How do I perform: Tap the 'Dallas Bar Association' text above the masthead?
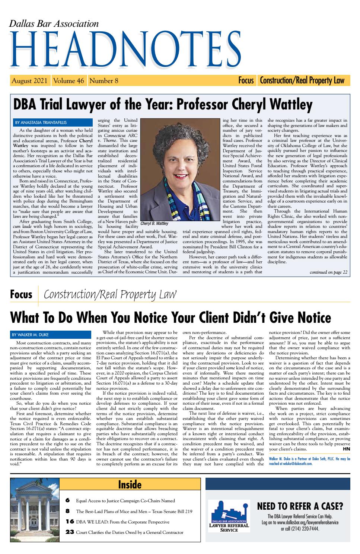point(54,24)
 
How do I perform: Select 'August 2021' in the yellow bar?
point(29,80)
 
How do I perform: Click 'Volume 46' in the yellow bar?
point(69,80)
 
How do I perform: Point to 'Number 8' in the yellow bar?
point(104,80)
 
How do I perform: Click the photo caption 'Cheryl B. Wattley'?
point(154,224)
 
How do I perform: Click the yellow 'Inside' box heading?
point(130,484)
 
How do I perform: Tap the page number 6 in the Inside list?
point(67,500)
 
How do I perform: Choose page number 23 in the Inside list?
point(70,532)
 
